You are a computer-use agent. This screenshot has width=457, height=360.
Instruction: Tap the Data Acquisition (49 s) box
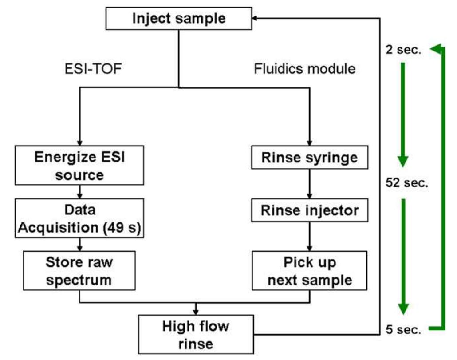(80, 216)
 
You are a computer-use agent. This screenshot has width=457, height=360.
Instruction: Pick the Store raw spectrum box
(80, 270)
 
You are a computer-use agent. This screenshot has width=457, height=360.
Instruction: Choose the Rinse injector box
(310, 210)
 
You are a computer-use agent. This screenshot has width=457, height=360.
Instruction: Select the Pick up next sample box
(310, 270)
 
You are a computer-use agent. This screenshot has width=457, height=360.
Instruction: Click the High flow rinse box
(196, 334)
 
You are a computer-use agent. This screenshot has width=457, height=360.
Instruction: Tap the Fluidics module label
(305, 69)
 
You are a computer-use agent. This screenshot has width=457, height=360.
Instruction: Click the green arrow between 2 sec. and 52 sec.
(403, 115)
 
